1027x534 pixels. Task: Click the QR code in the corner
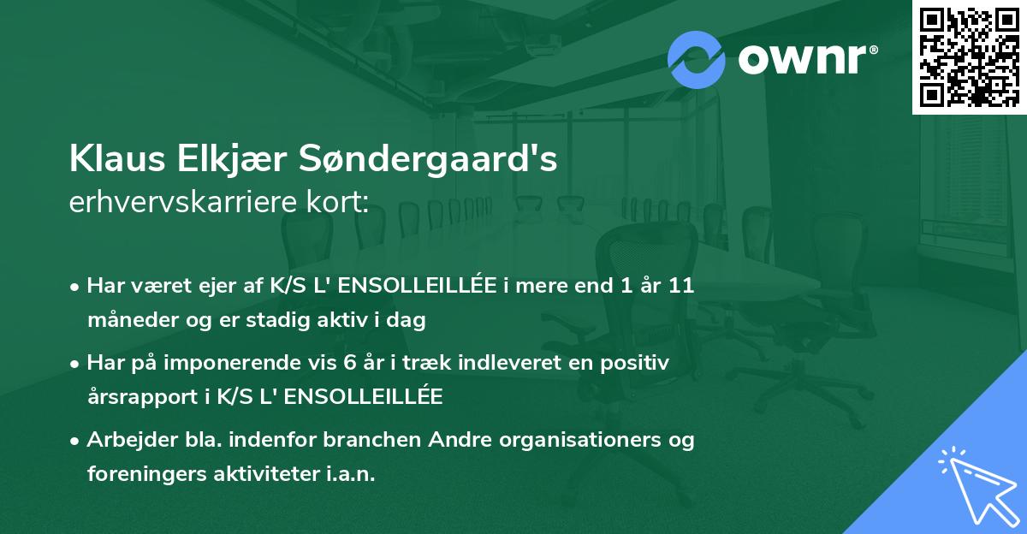pyautogui.click(x=970, y=56)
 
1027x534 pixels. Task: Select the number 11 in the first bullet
pyautogui.click(x=682, y=285)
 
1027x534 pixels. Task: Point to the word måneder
pyautogui.click(x=126, y=321)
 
